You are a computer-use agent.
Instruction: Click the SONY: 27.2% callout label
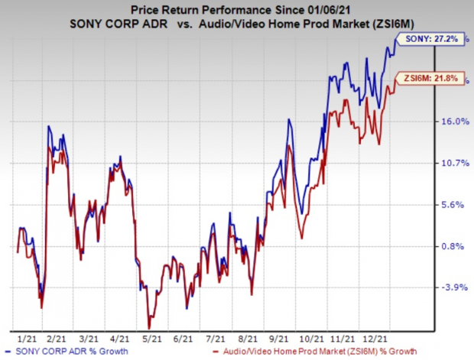pos(430,39)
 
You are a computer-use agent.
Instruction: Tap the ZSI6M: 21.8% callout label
pos(430,78)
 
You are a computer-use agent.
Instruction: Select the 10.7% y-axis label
pos(456,164)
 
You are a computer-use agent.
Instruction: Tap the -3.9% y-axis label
pos(454,287)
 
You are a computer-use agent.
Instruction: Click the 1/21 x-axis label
pos(27,339)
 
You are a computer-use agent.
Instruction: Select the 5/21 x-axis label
pos(152,339)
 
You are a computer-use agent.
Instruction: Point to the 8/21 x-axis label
pos(248,339)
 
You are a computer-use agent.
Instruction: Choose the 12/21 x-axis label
pos(375,339)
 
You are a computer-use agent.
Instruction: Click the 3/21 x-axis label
pos(88,339)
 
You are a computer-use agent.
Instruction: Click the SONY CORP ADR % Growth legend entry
pos(67,352)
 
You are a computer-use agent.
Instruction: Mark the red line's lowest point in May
pos(149,329)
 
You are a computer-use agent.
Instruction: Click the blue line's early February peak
pos(48,126)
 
